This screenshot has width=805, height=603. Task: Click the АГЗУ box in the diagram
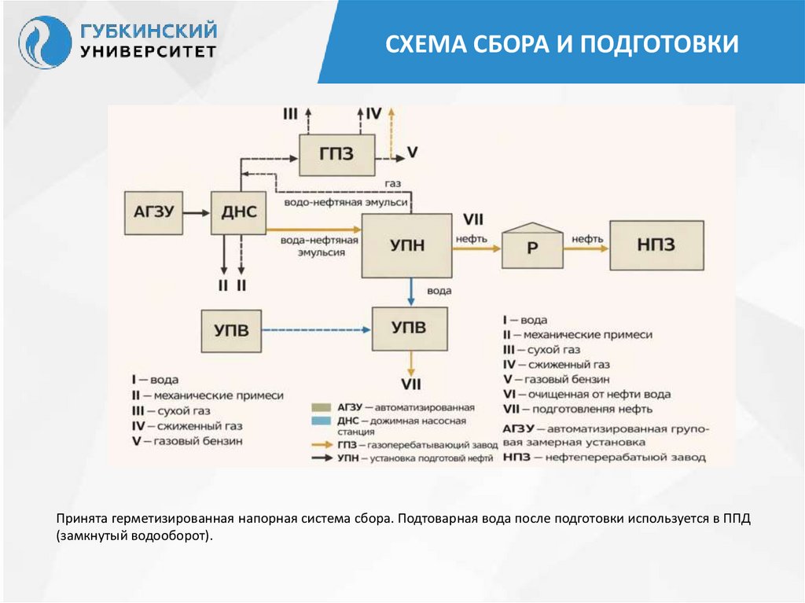(x=153, y=212)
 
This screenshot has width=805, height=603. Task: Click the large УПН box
(x=407, y=245)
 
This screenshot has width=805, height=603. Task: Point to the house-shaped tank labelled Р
(x=532, y=246)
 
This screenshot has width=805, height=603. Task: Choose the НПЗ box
(x=656, y=245)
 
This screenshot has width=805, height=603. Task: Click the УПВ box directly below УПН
(x=409, y=329)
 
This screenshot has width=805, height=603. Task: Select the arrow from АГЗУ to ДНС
(x=197, y=212)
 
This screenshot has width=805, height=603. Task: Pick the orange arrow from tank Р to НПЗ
(x=586, y=247)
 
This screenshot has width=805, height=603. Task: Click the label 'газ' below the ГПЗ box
(x=393, y=182)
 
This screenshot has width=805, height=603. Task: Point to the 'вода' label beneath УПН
(x=439, y=291)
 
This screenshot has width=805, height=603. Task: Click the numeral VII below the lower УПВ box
(x=411, y=384)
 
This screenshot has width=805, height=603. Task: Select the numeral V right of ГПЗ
(x=413, y=152)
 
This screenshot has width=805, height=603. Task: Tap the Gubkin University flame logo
(x=44, y=43)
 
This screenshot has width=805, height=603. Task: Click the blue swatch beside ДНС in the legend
(x=321, y=421)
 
